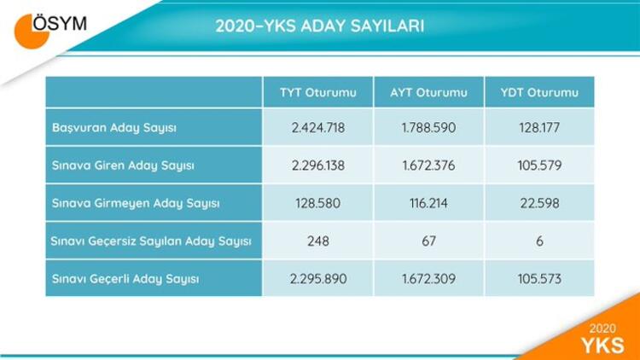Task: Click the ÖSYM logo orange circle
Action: point(29,32)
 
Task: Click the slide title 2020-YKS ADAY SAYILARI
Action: point(320,26)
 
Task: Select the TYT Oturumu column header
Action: point(318,93)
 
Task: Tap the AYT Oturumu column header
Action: point(428,93)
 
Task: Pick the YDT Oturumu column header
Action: point(539,93)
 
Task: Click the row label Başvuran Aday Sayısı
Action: point(114,128)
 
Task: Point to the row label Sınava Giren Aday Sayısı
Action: point(123,165)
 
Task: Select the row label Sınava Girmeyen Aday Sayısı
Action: point(136,203)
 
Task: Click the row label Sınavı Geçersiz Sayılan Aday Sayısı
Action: point(150,241)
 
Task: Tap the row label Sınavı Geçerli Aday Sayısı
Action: point(125,279)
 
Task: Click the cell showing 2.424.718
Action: point(318,128)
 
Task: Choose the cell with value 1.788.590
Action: point(428,128)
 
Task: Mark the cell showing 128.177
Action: point(539,128)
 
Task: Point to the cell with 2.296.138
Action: point(318,165)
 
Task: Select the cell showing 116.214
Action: point(428,203)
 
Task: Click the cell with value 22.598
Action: point(539,203)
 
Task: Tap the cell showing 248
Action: point(318,241)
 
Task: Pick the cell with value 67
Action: point(428,241)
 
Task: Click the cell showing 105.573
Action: point(539,279)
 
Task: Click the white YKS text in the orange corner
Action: point(602,345)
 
